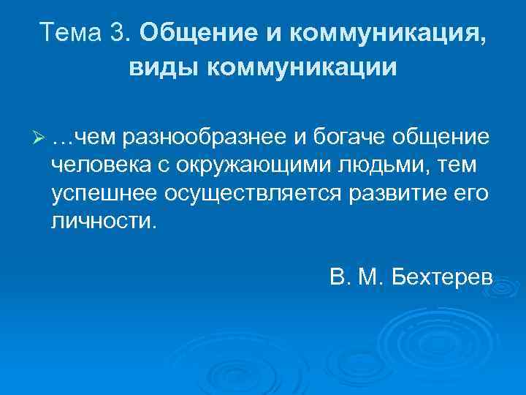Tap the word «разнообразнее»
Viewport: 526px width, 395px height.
(205, 137)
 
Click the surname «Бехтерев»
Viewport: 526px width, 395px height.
(443, 278)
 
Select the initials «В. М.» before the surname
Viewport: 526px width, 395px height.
(355, 278)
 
